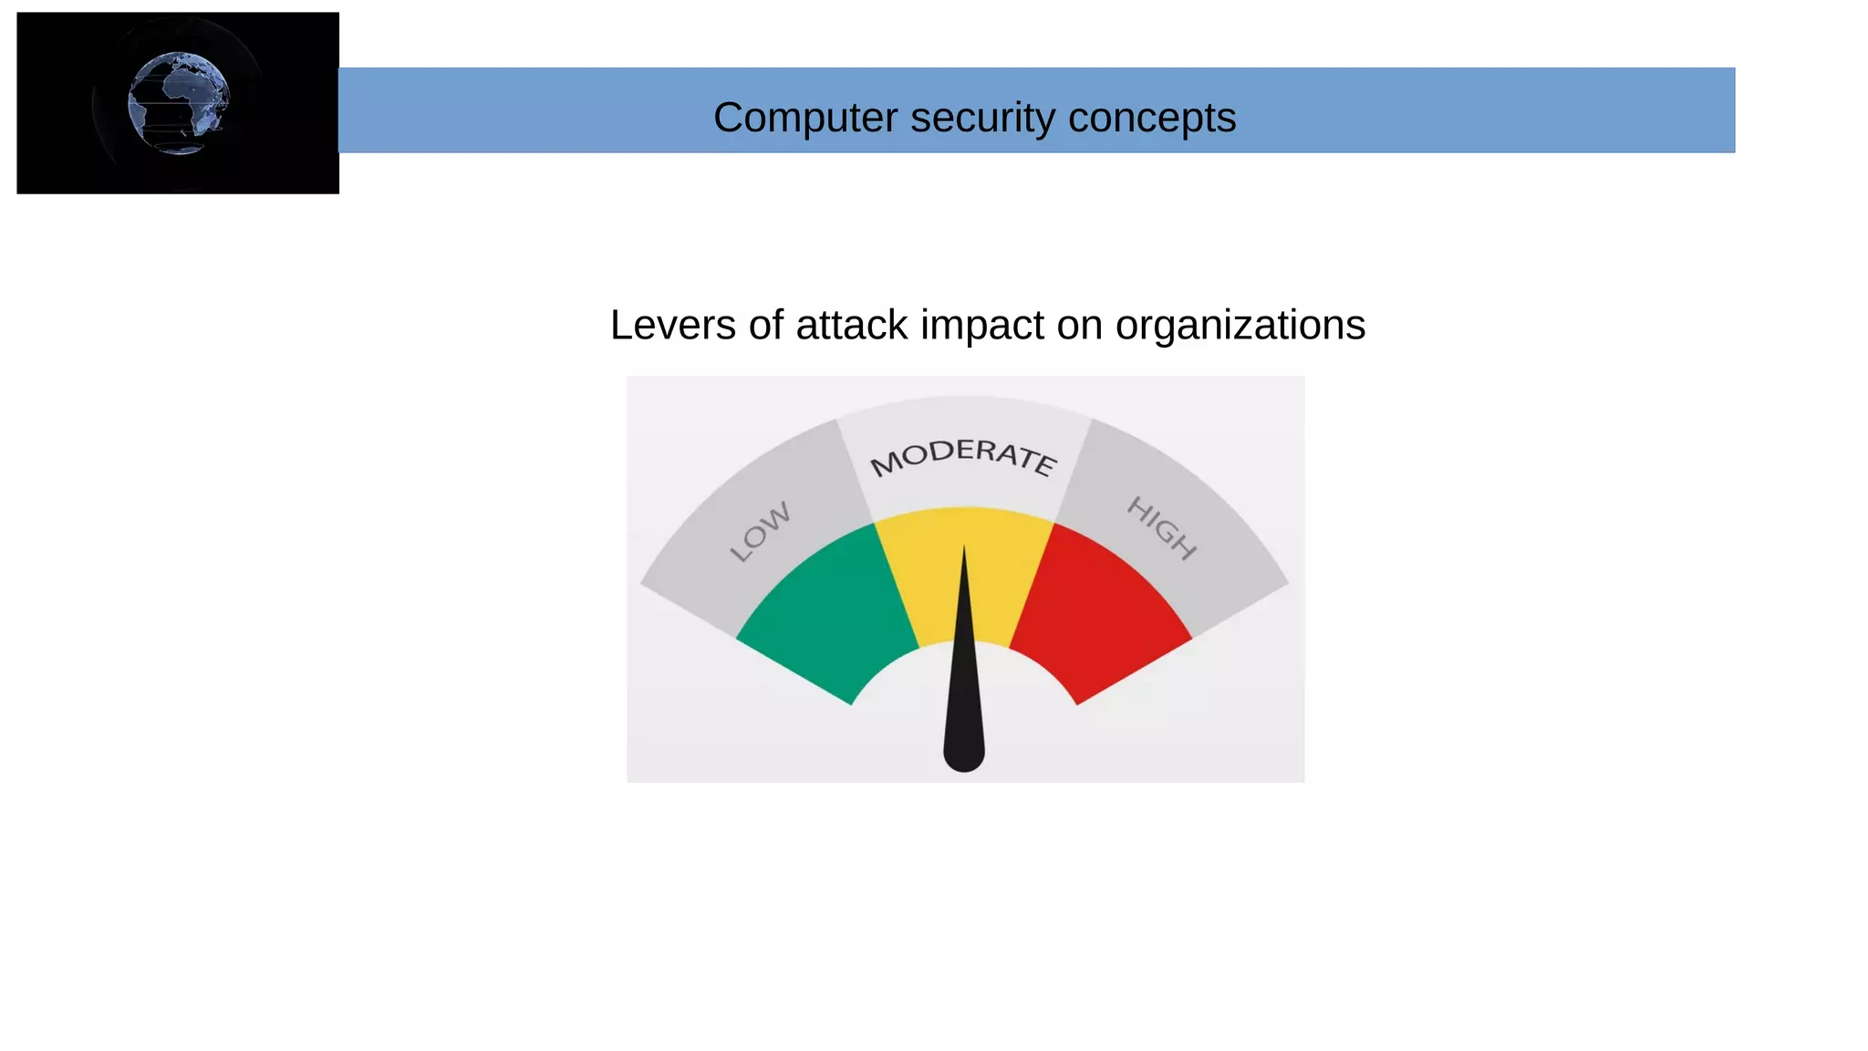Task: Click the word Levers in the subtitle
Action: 672,325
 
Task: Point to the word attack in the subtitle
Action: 851,325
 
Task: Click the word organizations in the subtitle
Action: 1240,325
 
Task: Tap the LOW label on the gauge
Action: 760,531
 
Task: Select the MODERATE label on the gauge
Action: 963,456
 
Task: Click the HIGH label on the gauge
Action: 1161,527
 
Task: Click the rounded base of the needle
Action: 964,753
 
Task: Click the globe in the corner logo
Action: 179,103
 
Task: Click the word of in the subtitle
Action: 766,325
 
